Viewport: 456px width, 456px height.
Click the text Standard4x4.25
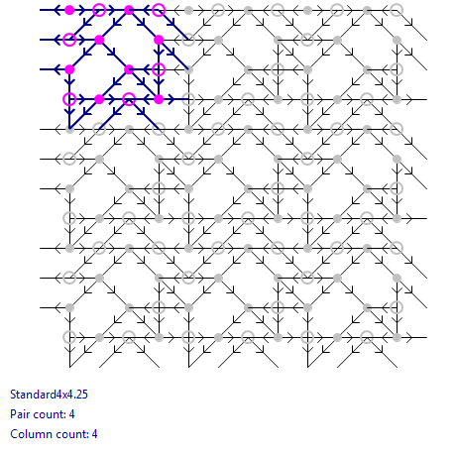(x=49, y=395)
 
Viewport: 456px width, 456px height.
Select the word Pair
(x=20, y=414)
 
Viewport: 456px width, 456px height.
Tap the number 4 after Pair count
(x=71, y=414)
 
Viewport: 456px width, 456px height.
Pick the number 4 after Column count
(x=94, y=434)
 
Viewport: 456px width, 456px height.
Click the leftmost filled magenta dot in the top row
(x=69, y=10)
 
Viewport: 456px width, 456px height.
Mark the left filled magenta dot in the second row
(x=99, y=40)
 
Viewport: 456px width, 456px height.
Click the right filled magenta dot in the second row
(x=159, y=40)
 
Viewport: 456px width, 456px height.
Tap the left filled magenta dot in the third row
(x=69, y=69)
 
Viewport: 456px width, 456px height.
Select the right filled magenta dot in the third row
(x=129, y=69)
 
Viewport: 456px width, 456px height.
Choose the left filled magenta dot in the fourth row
(x=99, y=99)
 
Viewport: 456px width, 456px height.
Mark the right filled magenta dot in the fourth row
(x=159, y=99)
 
